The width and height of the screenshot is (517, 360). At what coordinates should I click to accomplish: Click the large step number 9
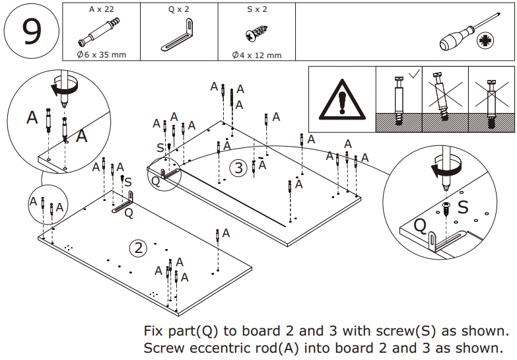coord(31,32)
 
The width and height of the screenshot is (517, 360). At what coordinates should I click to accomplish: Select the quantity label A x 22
coord(101,10)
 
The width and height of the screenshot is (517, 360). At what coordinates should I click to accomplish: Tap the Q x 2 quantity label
coord(178,10)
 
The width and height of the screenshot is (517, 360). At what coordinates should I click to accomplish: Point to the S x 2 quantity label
coord(256,10)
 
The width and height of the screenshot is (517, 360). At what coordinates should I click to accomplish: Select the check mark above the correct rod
coord(413,74)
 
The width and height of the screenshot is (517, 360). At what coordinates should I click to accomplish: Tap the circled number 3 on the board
coord(239,168)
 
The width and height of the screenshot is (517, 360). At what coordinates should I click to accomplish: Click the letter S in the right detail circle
coord(463,207)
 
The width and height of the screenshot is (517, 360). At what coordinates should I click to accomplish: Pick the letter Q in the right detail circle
coord(420,225)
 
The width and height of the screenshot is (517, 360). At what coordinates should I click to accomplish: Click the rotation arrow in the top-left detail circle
coord(65,86)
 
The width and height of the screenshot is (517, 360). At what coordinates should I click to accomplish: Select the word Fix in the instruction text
coord(154,330)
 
